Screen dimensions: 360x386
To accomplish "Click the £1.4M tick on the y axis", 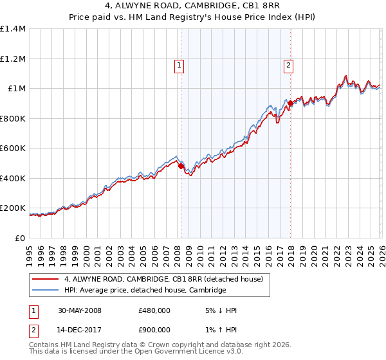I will coord(13,29).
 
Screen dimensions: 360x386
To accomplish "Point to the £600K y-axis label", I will coord(13,148).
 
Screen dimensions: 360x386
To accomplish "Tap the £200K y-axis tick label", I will coord(13,208).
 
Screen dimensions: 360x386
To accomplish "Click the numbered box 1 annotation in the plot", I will coord(178,64).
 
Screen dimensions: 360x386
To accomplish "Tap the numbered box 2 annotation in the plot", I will coord(288,64).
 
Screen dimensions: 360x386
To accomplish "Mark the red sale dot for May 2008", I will coord(181,166).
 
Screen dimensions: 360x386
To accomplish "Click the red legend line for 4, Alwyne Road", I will coord(46,279).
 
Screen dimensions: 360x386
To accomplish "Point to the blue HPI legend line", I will coord(46,291).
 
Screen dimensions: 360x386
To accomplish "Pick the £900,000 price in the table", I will coord(154,331).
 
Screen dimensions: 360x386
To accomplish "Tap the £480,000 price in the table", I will coord(154,310).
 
